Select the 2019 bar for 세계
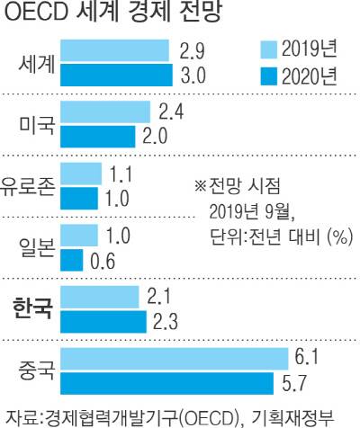[x=116, y=49]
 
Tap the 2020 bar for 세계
[x=118, y=74]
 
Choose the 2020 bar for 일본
[x=74, y=260]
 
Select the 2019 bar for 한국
[x=102, y=297]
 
